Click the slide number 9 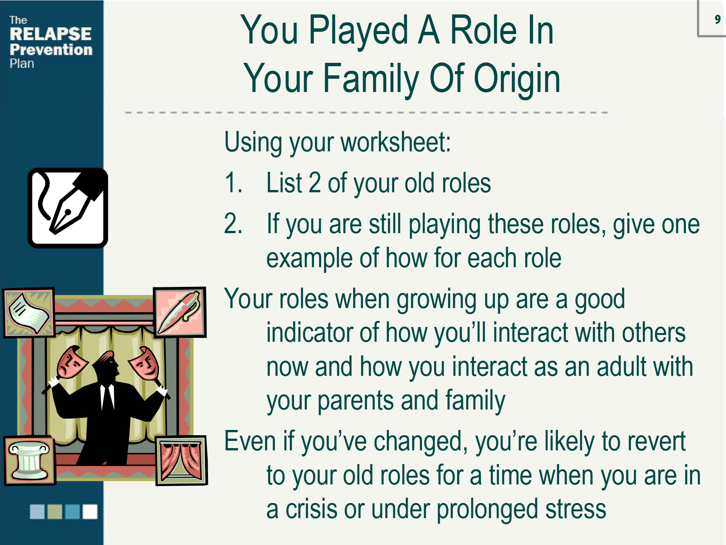tap(717, 19)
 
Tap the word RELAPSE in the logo tap(51, 34)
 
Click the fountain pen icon tap(68, 208)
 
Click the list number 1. tap(233, 183)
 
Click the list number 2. tap(233, 224)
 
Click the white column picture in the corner tap(29, 460)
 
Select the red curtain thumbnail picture tap(181, 460)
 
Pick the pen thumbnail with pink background tap(180, 312)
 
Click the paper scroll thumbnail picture tap(29, 312)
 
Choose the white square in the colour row tap(90, 511)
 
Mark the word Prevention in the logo tap(51, 50)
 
